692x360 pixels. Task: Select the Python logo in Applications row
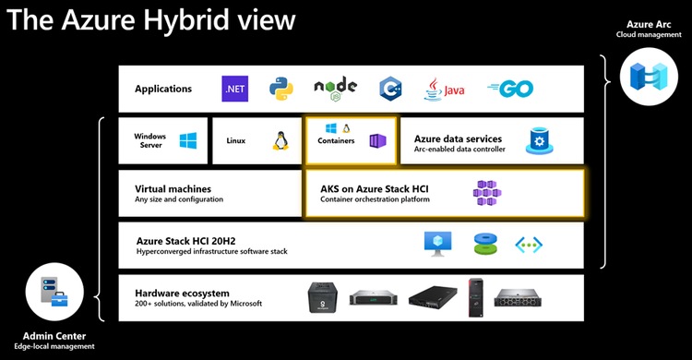pyautogui.click(x=281, y=90)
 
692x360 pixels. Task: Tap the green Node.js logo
pyautogui.click(x=334, y=90)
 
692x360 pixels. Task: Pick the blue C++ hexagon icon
pyautogui.click(x=390, y=90)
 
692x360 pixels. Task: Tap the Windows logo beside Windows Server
pyautogui.click(x=188, y=140)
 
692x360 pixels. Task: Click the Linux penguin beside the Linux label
pyautogui.click(x=280, y=141)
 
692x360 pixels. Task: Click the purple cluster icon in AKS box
pyautogui.click(x=487, y=192)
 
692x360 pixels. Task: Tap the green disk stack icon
pyautogui.click(x=485, y=244)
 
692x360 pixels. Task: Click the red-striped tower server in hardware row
pyautogui.click(x=475, y=296)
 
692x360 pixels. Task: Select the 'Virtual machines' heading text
pyautogui.click(x=173, y=188)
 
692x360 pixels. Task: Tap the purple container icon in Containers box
pyautogui.click(x=376, y=141)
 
